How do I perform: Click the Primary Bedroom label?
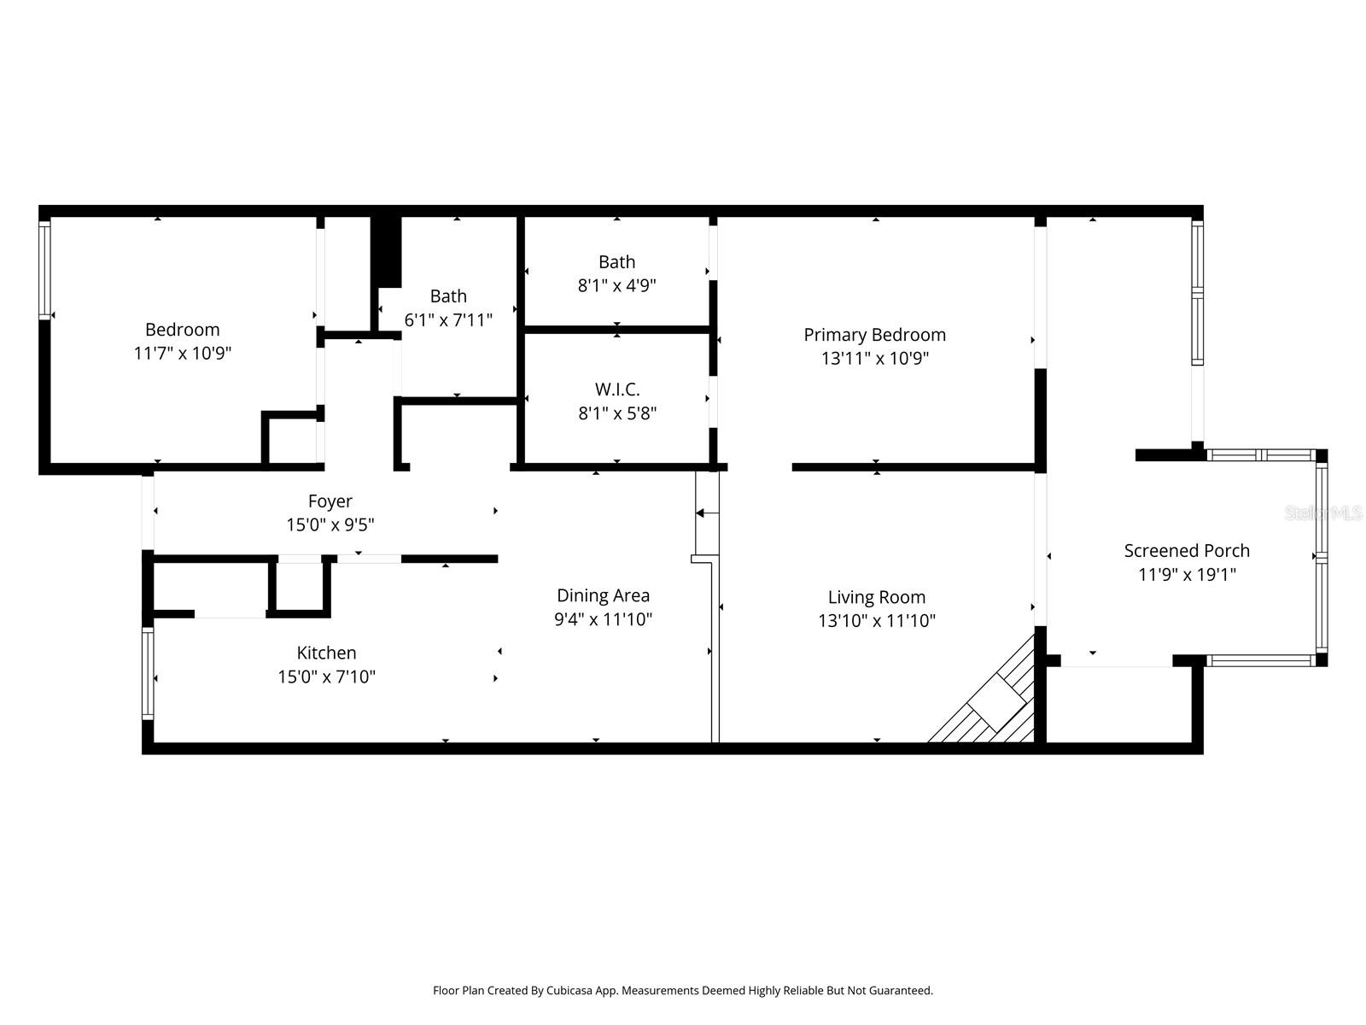point(874,335)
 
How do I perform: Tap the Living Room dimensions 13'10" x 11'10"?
point(876,621)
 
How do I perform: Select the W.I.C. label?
point(616,389)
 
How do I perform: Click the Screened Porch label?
point(1186,551)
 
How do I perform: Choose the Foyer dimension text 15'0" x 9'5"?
point(330,524)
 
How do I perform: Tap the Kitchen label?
point(326,653)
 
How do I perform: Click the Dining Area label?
point(603,595)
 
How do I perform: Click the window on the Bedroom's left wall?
point(44,269)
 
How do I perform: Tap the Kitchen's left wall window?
point(148,673)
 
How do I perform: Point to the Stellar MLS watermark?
point(1323,512)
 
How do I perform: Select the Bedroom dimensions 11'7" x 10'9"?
point(182,353)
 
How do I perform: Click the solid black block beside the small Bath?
point(386,252)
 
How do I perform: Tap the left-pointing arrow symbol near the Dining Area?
point(706,513)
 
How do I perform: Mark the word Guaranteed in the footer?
point(902,991)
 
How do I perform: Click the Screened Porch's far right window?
point(1321,557)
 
